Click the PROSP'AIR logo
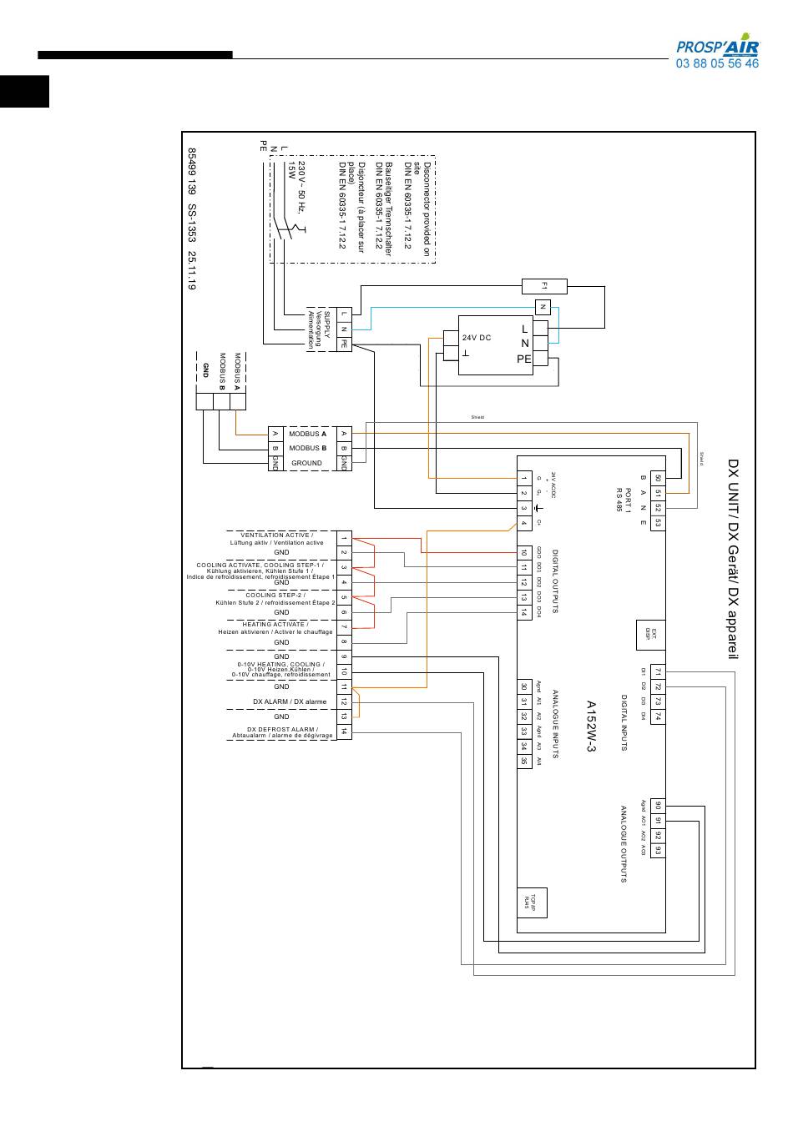[717, 47]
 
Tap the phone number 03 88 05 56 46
[717, 64]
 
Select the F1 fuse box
[544, 286]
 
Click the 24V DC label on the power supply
[477, 338]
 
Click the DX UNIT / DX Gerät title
[734, 559]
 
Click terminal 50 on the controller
[658, 478]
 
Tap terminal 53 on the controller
[658, 523]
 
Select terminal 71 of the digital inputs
[658, 671]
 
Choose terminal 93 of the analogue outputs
[658, 850]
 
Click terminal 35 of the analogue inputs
[524, 761]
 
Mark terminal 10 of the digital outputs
[524, 552]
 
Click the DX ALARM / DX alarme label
[290, 701]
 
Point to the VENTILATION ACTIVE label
[277, 535]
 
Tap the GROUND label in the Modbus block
[306, 463]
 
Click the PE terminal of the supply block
[343, 344]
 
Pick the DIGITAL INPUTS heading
[624, 722]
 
